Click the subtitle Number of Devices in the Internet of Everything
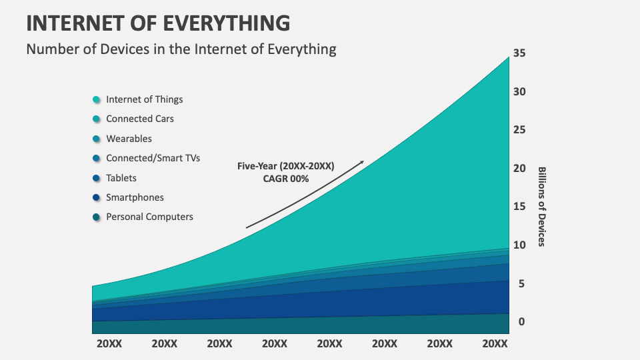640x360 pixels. pos(181,49)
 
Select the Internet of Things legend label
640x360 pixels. pos(144,99)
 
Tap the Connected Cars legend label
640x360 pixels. pos(140,119)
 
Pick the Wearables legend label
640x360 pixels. pos(129,139)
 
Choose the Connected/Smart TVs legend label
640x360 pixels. pos(153,158)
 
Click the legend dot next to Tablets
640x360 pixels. pos(97,178)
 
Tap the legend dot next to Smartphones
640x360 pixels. pos(97,197)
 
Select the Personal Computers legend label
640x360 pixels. pos(149,217)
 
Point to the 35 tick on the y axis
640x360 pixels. pos(519,53)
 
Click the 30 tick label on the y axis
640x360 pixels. pos(519,92)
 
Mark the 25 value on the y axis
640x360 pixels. pos(519,130)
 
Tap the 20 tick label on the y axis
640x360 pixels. pos(519,169)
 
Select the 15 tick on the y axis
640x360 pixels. pos(519,207)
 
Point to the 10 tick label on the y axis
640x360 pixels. pos(519,245)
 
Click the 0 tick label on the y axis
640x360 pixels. pos(523,322)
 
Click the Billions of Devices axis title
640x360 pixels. pos(541,207)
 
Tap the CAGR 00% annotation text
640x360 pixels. pos(285,179)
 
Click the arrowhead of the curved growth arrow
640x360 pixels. pos(362,162)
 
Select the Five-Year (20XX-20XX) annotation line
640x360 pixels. pos(285,166)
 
